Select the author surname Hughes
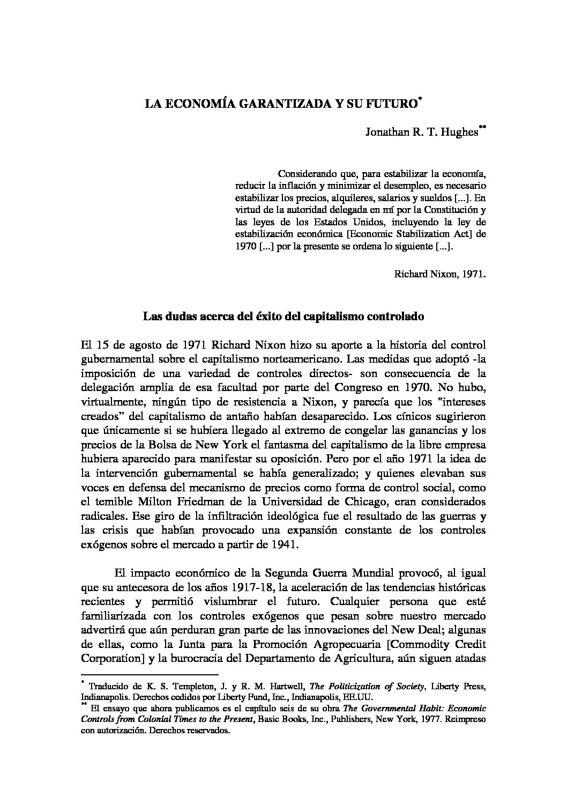click(x=458, y=132)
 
